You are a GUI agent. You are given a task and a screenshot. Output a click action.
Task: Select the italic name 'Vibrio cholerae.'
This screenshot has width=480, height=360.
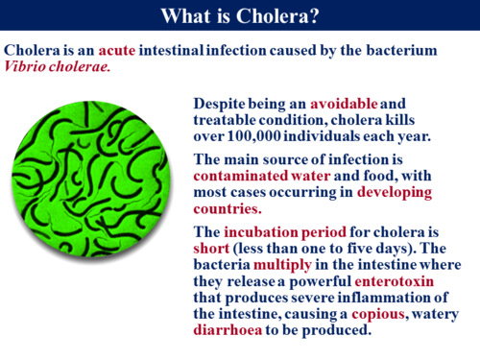coord(58,68)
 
